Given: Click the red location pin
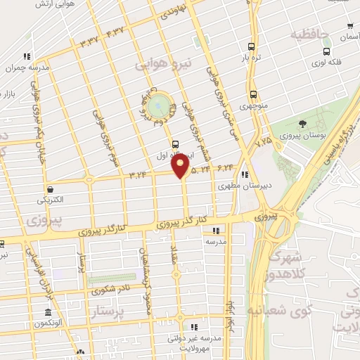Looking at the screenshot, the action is point(181,166).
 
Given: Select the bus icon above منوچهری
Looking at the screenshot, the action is point(253,95).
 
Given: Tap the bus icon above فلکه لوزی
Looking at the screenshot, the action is point(326,51).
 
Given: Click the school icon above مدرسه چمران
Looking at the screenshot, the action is point(27,56).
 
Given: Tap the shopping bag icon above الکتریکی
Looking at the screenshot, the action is point(51,188).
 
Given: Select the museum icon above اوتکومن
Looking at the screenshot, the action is point(49,311).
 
